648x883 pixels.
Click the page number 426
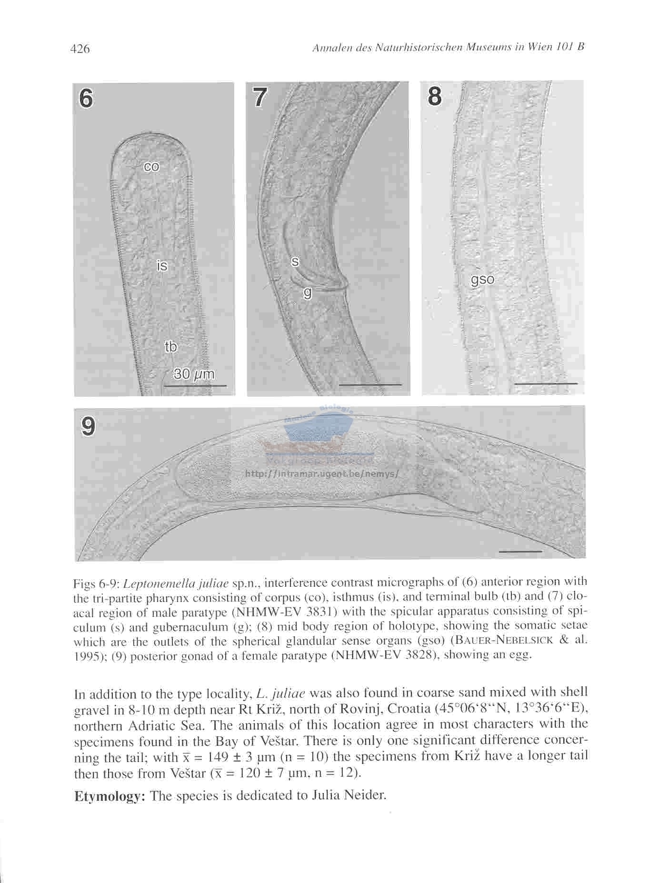click(x=80, y=49)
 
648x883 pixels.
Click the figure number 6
click(x=86, y=99)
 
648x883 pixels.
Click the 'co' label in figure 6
click(x=152, y=166)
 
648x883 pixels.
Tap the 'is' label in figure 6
click(x=162, y=265)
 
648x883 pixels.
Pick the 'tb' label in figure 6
click(x=170, y=347)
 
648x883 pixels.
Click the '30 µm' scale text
click(x=194, y=374)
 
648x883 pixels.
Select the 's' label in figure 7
click(x=295, y=261)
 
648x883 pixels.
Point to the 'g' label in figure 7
click(x=308, y=293)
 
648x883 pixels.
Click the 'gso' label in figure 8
click(x=482, y=280)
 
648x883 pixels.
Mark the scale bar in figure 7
click(x=370, y=384)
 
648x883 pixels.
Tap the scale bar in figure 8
click(x=546, y=383)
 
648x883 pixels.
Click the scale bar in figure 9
click(x=520, y=552)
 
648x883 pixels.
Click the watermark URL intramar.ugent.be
click(x=321, y=474)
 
